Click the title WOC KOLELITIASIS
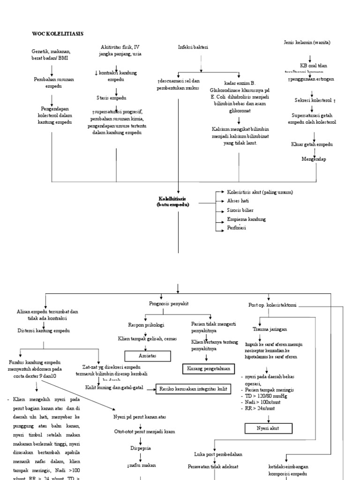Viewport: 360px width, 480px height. (57, 34)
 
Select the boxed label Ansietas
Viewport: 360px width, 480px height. (146, 356)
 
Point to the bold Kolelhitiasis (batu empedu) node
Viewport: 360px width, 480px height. (173, 202)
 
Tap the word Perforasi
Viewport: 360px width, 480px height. (237, 228)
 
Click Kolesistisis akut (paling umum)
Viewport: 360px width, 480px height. (260, 192)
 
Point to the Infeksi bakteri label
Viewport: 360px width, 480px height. (193, 47)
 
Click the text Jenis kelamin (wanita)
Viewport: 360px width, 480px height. (307, 42)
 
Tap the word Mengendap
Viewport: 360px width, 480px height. (314, 159)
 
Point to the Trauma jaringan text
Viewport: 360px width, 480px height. (273, 329)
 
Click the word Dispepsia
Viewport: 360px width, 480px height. (140, 448)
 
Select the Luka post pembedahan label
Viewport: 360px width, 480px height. (218, 454)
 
